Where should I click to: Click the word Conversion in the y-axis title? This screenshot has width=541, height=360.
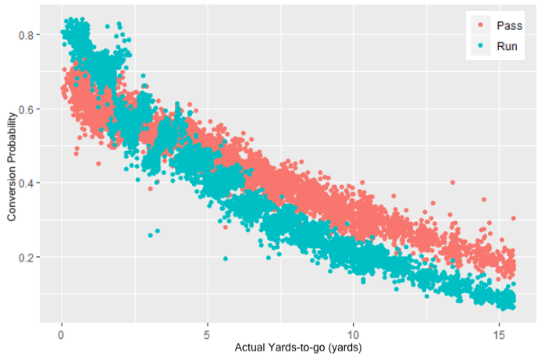(12, 201)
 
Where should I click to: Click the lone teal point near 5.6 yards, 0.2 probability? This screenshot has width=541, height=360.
(226, 258)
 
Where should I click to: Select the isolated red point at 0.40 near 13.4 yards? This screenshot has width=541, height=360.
(452, 183)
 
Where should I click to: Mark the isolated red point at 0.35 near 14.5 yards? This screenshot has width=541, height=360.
(483, 201)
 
